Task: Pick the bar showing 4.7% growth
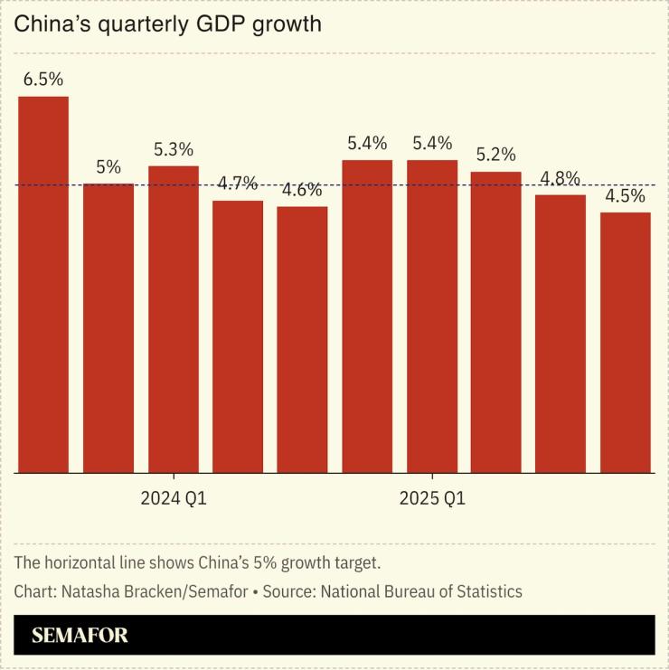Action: (238, 335)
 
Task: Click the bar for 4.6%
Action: (302, 339)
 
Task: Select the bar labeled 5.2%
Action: (495, 322)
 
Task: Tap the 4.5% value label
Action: (625, 196)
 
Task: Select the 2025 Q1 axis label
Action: (432, 498)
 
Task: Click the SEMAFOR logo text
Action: (80, 635)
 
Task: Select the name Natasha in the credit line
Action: (90, 591)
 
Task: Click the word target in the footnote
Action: (356, 562)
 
